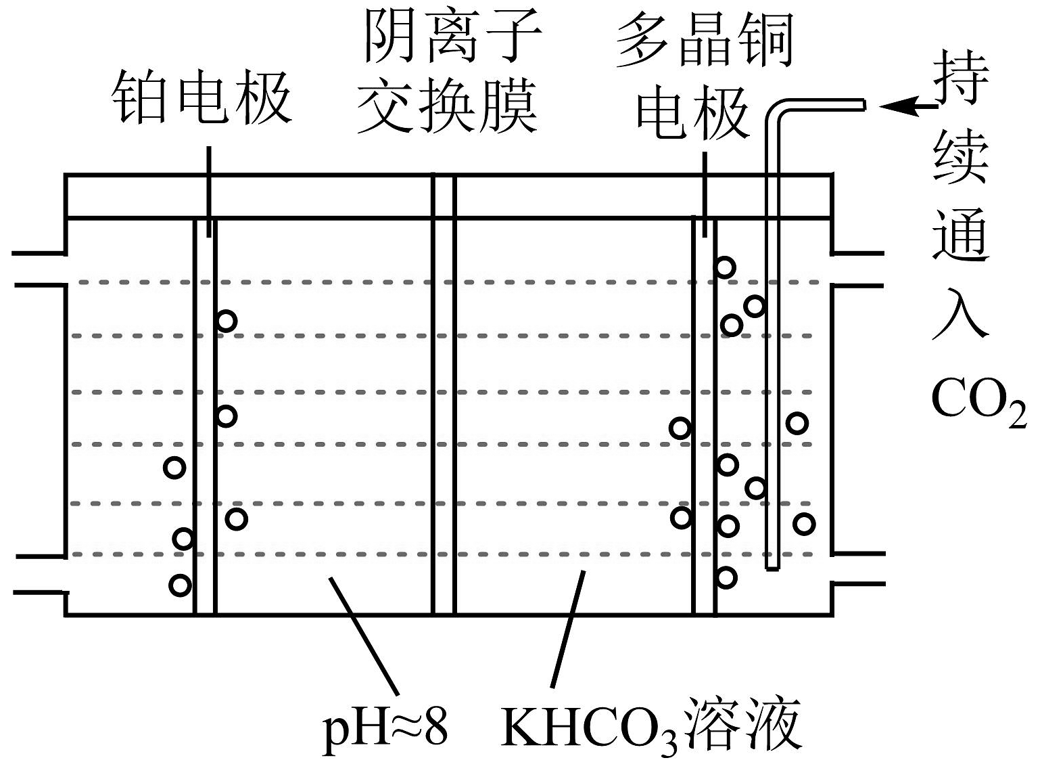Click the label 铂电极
(202, 98)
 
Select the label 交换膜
(447, 106)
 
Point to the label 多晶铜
(704, 41)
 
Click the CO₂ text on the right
(978, 401)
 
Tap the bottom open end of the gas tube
(772, 564)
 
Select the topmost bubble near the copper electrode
(725, 267)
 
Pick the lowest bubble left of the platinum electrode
(180, 585)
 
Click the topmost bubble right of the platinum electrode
(227, 321)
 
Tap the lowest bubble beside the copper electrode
(726, 577)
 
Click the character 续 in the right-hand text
(961, 156)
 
